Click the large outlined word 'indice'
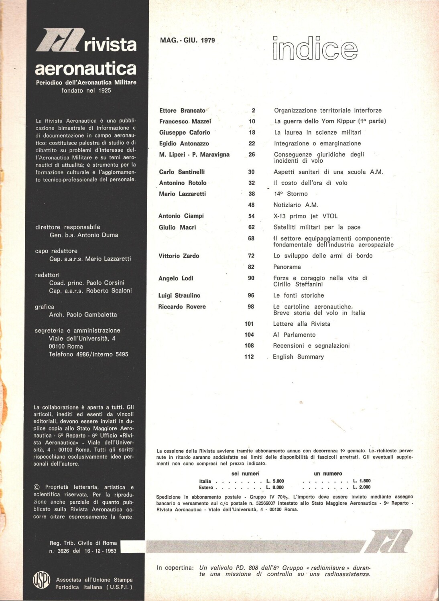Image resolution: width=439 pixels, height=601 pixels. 315,49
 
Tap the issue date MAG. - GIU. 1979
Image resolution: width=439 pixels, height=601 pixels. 187,40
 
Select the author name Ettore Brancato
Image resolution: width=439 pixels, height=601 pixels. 182,111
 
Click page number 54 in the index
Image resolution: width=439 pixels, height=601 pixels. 252,216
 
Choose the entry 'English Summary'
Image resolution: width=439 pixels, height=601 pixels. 298,357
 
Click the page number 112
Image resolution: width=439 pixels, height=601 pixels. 249,357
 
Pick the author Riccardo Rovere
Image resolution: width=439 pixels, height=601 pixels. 182,307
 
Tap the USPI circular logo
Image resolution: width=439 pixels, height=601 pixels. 41,580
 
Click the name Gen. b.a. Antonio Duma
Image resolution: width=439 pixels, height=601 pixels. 83,235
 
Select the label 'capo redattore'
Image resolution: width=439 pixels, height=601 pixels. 56,251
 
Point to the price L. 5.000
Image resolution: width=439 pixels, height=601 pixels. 275,481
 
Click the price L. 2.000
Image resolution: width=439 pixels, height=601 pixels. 362,487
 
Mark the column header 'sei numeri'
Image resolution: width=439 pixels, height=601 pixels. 246,474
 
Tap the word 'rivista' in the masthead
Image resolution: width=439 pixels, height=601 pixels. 110,45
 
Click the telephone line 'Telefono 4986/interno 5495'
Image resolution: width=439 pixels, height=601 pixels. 88,354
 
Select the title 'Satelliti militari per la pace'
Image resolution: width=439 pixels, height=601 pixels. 317,227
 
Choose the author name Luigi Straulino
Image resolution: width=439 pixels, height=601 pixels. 179,295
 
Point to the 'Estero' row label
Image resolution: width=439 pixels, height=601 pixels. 206,488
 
